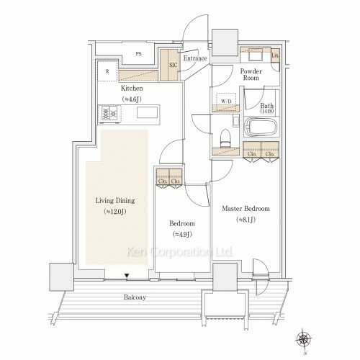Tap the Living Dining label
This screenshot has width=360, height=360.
pyautogui.click(x=115, y=201)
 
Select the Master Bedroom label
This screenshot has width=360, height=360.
pyautogui.click(x=246, y=209)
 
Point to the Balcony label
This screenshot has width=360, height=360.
pyautogui.click(x=134, y=297)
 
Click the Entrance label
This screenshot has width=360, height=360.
pyautogui.click(x=195, y=58)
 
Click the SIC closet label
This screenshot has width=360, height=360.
pyautogui.click(x=173, y=65)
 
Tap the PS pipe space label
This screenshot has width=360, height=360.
pyautogui.click(x=138, y=53)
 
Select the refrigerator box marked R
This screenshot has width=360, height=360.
pyautogui.click(x=107, y=72)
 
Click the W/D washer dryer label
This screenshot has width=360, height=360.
pyautogui.click(x=226, y=101)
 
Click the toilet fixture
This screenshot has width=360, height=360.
pyautogui.click(x=225, y=137)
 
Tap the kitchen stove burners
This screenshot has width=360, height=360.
pyautogui.click(x=110, y=114)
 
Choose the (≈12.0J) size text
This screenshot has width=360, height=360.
pyautogui.click(x=115, y=212)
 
